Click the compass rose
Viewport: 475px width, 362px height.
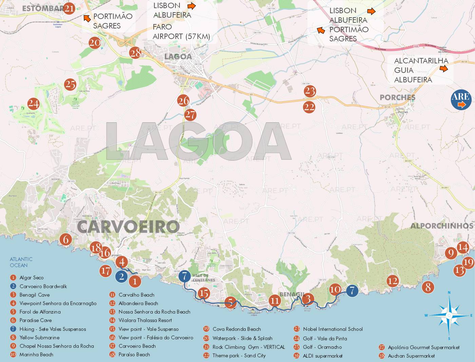point(449,316)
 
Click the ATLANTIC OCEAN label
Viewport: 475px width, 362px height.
point(21,262)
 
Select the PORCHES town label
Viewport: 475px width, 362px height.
point(397,97)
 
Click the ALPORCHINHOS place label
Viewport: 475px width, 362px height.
point(442,226)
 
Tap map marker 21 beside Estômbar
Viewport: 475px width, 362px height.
point(69,8)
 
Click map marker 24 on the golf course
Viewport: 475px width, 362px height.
point(33,103)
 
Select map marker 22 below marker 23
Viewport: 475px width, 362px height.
point(309,107)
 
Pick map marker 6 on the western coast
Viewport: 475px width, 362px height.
point(66,240)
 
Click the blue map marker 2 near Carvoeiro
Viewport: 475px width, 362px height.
point(121,277)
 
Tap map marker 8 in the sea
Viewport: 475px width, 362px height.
point(428,287)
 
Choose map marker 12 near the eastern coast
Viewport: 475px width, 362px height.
point(392,281)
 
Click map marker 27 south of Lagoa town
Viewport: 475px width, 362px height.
point(190,115)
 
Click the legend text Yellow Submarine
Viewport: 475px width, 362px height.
point(39,338)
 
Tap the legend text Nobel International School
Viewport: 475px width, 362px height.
point(332,329)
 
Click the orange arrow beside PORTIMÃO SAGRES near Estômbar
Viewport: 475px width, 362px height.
point(87,18)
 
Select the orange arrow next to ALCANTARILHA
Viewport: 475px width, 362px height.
point(443,69)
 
